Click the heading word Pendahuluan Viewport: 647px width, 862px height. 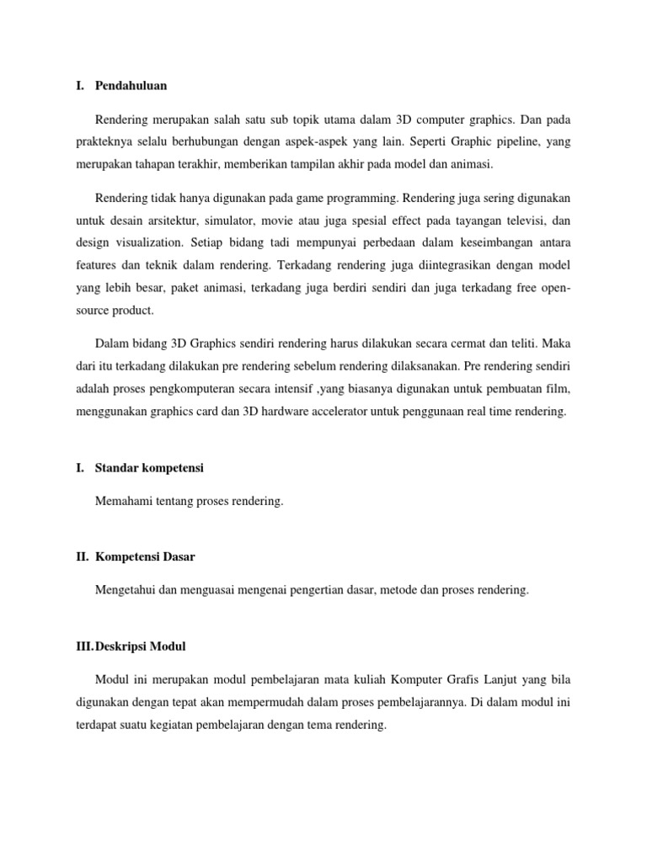click(x=131, y=85)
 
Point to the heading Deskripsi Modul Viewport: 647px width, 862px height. click(x=141, y=646)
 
